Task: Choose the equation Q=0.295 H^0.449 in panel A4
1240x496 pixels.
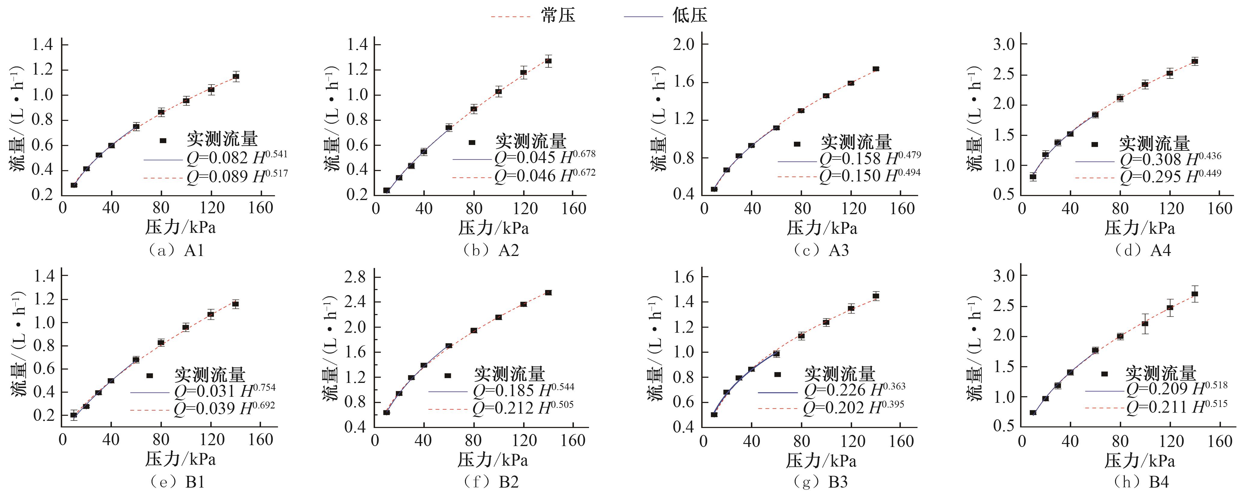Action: click(1170, 177)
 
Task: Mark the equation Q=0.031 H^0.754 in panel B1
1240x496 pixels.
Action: click(225, 391)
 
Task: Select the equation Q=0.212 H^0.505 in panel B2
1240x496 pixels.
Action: click(523, 408)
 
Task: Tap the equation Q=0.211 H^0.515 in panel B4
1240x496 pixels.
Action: click(1177, 407)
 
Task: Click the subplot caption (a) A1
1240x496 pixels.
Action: click(177, 250)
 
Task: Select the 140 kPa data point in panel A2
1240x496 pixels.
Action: click(548, 61)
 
